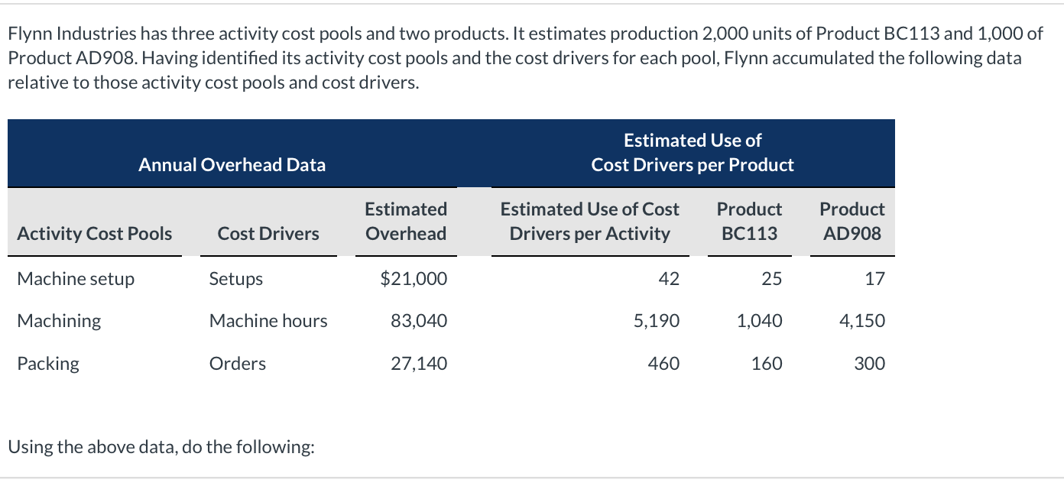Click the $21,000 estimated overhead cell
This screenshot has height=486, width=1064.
(414, 279)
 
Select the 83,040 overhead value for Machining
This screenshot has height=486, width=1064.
(419, 321)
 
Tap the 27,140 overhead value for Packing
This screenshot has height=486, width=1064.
(419, 363)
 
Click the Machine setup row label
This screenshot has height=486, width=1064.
(76, 279)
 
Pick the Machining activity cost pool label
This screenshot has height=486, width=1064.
(59, 321)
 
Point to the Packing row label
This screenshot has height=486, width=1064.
(48, 363)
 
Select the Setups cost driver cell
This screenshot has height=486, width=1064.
(236, 279)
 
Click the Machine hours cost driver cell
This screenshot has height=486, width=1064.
(268, 321)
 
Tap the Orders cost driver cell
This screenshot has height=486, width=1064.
(238, 363)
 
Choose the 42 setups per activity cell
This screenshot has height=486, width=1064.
(669, 279)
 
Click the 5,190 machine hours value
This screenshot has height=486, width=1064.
(657, 321)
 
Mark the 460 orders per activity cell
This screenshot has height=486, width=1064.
(663, 363)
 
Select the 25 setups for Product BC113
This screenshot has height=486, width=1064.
(771, 279)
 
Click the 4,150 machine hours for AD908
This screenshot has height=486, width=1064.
(862, 321)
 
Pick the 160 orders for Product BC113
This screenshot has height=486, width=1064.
(767, 363)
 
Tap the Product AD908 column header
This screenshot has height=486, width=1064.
(852, 221)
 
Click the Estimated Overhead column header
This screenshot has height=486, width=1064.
(406, 221)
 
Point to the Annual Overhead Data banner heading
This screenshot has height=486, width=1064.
(232, 164)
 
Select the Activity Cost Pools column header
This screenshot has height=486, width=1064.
(95, 233)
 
